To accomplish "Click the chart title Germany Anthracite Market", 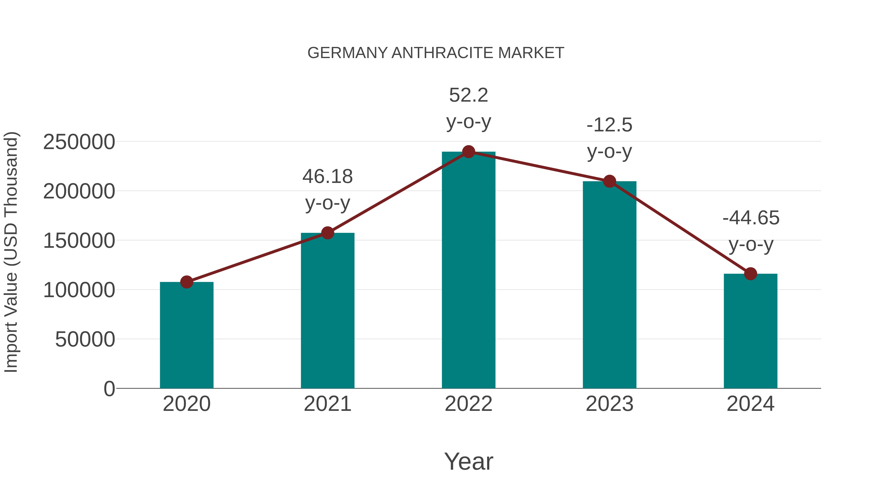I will [x=436, y=53].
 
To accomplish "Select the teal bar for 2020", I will [x=187, y=335].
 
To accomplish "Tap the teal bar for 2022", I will [x=468, y=271].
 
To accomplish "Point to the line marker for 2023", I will [x=609, y=181].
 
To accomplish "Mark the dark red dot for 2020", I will [x=187, y=282].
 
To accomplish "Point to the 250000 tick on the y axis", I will [x=79, y=142].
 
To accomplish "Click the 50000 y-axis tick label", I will [x=85, y=339].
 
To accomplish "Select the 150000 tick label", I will [x=79, y=241].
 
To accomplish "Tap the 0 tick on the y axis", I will [x=109, y=389].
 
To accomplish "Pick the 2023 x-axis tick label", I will [x=609, y=404].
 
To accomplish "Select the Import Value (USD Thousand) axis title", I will [x=11, y=252].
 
